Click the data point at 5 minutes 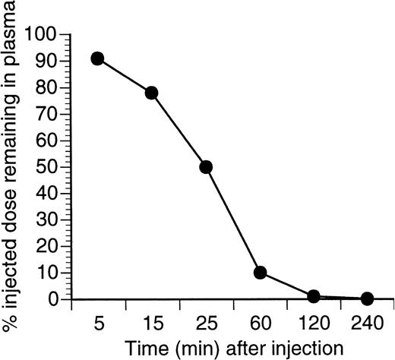tap(97, 59)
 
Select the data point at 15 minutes tap(151, 93)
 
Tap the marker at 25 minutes tap(205, 167)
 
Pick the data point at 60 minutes tap(260, 273)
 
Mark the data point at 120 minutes tap(314, 296)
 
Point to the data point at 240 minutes tap(368, 298)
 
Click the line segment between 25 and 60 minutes tap(232, 220)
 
